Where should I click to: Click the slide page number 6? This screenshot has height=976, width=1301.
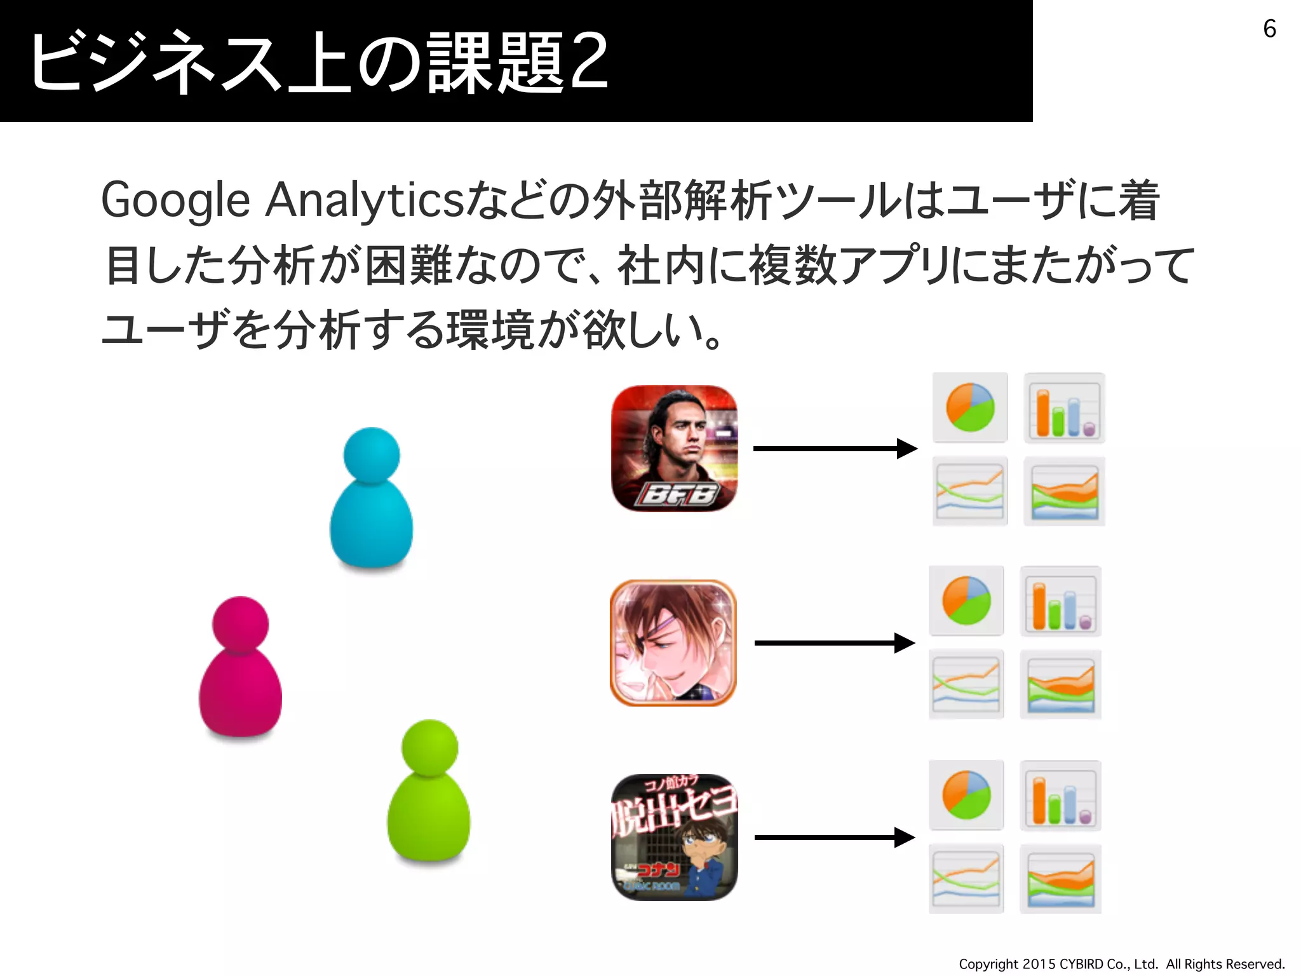click(1269, 29)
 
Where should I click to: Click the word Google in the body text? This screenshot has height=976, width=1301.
click(175, 201)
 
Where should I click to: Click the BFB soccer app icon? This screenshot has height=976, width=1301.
click(674, 449)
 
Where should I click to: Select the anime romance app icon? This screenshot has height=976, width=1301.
click(673, 642)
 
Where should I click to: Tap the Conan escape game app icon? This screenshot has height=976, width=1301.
click(674, 837)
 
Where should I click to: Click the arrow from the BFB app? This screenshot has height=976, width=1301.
click(835, 449)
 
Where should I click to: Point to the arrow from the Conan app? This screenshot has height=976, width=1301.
click(835, 837)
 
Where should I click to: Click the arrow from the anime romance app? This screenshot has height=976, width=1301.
click(835, 643)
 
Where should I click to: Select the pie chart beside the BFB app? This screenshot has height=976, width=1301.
click(970, 408)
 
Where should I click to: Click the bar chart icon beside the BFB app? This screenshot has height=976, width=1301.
click(1064, 408)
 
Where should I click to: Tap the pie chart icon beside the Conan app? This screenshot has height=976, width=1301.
click(966, 795)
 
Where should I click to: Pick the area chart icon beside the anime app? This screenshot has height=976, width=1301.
click(1060, 684)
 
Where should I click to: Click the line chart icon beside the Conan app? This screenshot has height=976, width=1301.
click(966, 879)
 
